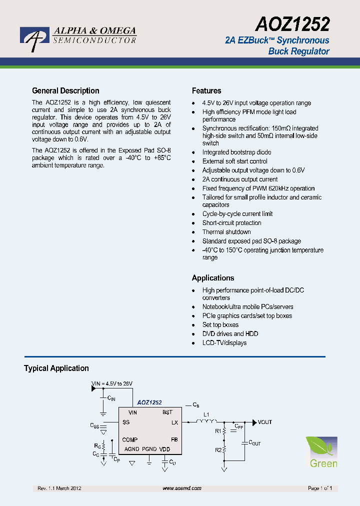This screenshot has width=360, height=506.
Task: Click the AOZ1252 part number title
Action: point(292,23)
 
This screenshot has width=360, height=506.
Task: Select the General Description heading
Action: point(65,91)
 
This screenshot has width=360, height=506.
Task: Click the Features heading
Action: point(206,91)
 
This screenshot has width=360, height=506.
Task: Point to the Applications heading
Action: point(213,278)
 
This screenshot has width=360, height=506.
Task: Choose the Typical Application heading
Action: point(56,368)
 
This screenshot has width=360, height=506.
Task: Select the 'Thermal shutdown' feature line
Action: point(226,232)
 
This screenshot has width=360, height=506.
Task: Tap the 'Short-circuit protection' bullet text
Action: point(231,223)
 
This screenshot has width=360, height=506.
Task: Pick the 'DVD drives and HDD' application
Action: point(230,334)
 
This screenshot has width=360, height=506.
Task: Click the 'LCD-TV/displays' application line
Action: point(224,343)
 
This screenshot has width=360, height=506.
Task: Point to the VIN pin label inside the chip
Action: point(132,412)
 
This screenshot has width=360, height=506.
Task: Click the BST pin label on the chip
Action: point(167,412)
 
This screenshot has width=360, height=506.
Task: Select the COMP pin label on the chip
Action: point(130,440)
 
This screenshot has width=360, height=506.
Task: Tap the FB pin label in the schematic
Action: point(174,440)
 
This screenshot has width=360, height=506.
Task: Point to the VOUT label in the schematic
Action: point(265,422)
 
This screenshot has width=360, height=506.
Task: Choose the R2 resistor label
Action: point(218,450)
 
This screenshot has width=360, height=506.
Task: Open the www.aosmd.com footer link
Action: point(182,488)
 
